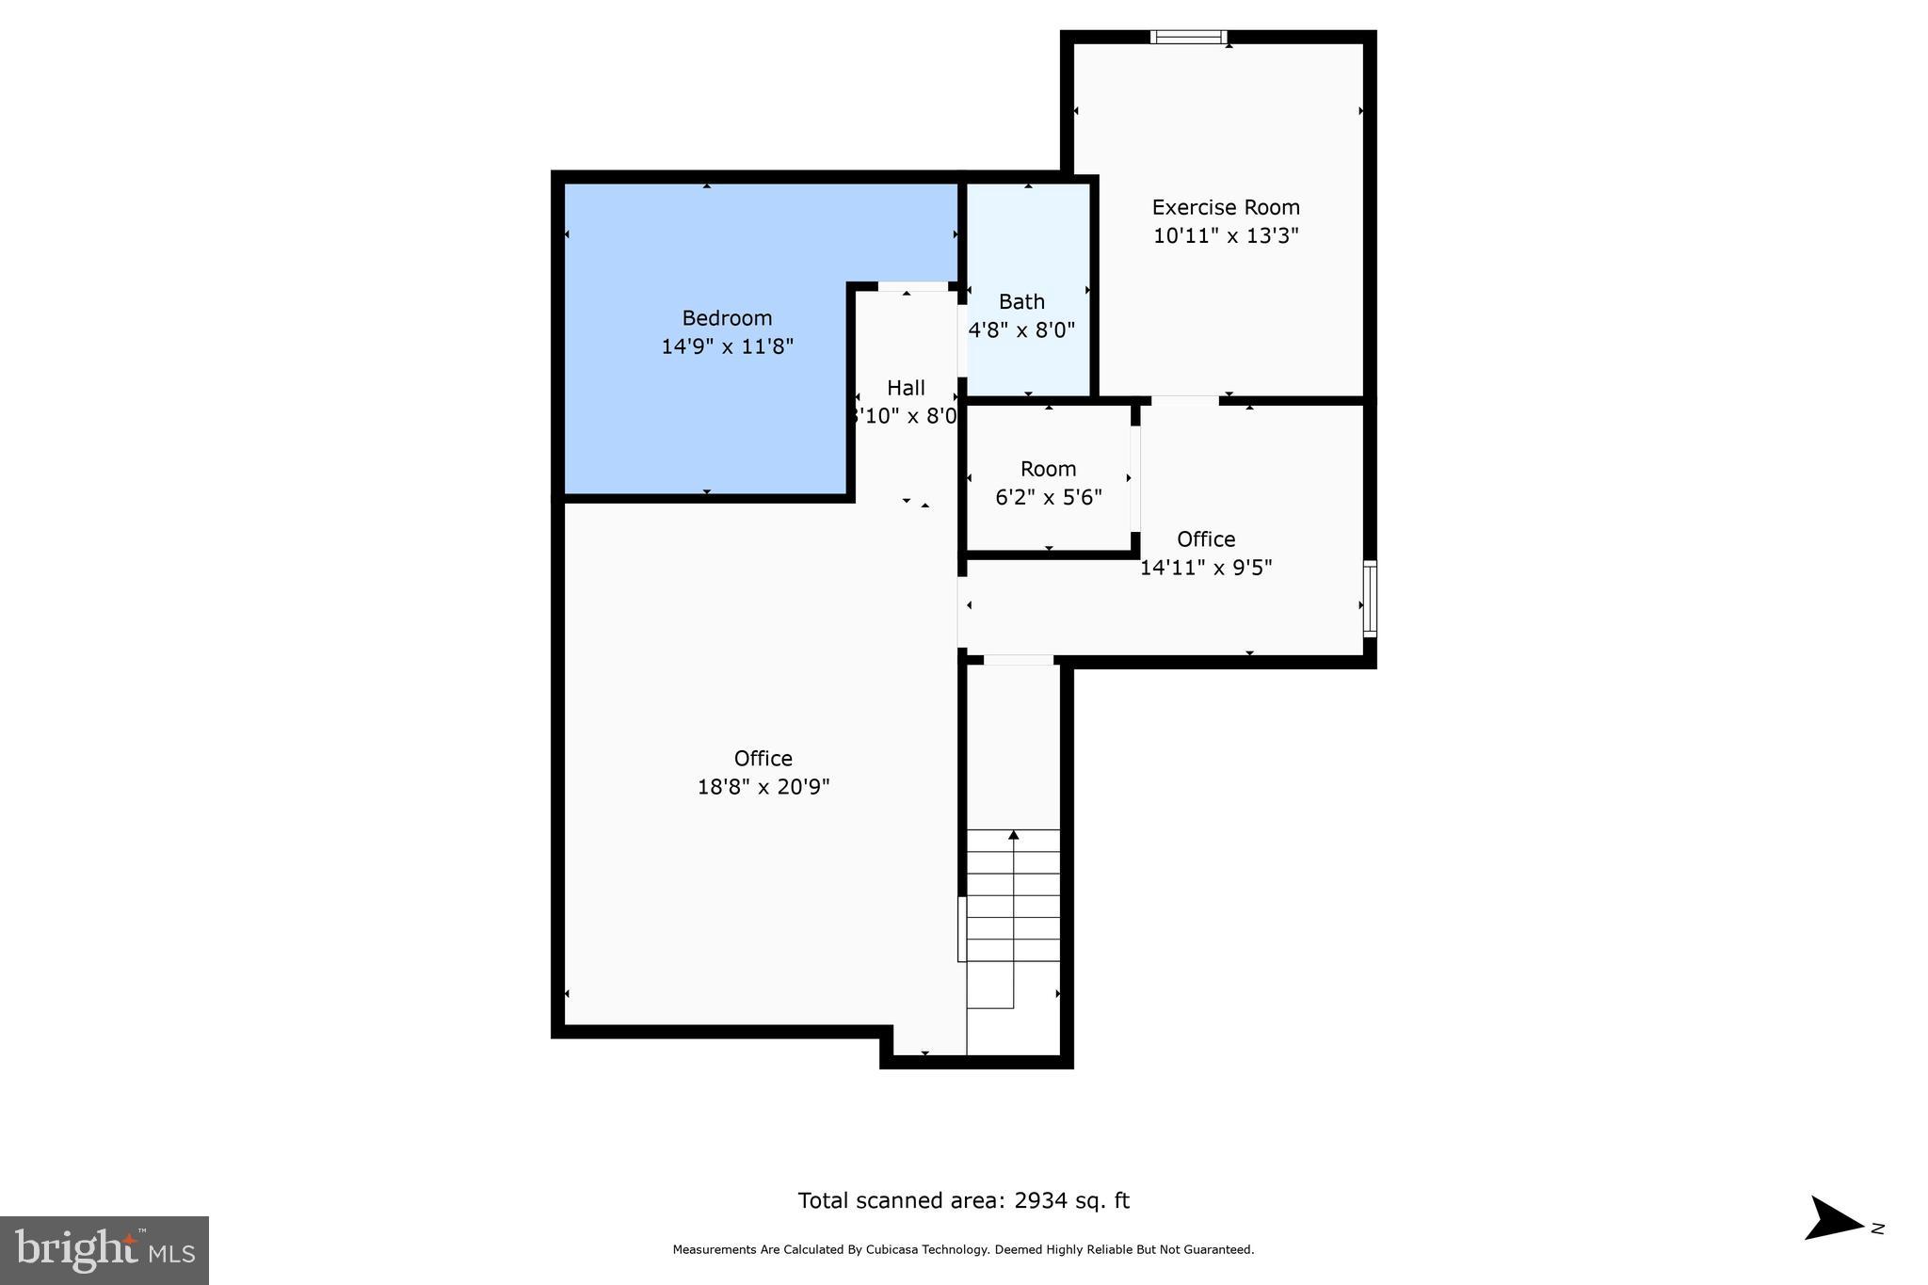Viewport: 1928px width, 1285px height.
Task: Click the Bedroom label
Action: point(727,318)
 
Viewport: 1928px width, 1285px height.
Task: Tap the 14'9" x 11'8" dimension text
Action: point(727,346)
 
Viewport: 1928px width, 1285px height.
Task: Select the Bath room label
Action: point(1021,302)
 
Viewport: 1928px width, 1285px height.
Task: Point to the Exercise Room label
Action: point(1226,207)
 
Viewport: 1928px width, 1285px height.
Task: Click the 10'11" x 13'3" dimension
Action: point(1226,235)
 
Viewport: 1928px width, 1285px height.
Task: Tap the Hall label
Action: point(906,388)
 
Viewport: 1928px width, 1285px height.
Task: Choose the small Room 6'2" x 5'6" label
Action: point(1048,469)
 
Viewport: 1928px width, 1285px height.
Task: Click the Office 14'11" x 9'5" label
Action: point(1206,539)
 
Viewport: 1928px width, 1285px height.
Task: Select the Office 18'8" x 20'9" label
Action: point(763,759)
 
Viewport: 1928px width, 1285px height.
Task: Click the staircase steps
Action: point(1013,894)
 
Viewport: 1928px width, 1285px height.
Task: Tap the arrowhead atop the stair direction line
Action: point(1014,835)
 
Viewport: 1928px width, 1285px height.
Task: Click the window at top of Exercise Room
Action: point(1188,38)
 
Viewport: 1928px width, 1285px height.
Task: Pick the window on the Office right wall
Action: point(1370,599)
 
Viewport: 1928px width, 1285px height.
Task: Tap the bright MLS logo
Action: point(104,1250)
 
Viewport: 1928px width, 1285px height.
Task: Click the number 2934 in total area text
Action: point(1040,1201)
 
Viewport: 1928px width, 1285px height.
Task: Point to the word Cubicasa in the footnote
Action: point(902,1250)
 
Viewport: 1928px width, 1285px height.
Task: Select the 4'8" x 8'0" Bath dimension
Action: point(1021,330)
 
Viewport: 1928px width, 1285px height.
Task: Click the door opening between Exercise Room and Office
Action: point(1184,401)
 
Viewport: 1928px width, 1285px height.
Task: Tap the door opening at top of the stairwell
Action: point(1018,660)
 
